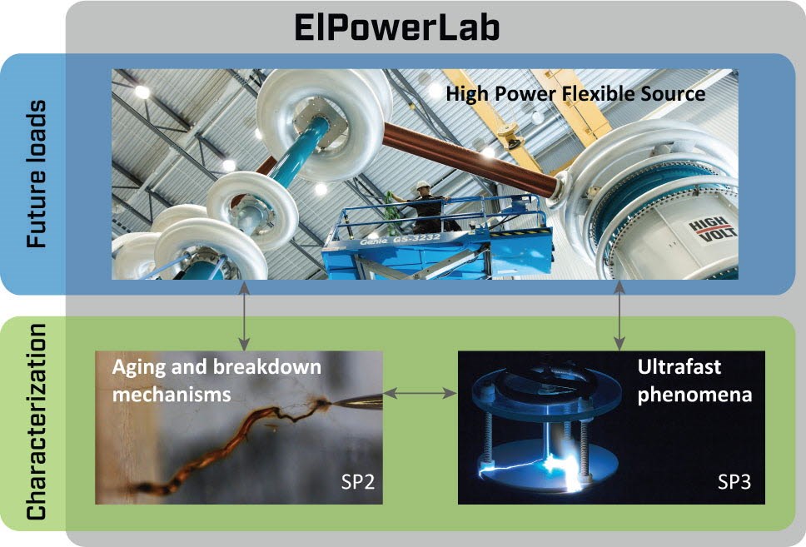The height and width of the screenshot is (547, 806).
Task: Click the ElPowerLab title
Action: (x=397, y=27)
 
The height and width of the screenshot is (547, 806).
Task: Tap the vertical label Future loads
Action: (x=37, y=174)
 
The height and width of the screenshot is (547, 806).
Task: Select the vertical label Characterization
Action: (x=37, y=421)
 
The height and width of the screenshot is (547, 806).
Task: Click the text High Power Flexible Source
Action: (x=575, y=94)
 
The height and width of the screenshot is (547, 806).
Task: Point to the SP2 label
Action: (x=358, y=482)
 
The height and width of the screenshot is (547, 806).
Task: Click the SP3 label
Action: (x=734, y=482)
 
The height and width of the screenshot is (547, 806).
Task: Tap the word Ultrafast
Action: (x=679, y=366)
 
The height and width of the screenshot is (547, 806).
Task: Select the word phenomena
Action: (x=694, y=395)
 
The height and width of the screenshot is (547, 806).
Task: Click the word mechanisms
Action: (x=172, y=395)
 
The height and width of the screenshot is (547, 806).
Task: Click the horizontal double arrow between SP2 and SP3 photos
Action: (x=420, y=393)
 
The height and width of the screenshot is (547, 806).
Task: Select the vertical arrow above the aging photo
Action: (x=245, y=316)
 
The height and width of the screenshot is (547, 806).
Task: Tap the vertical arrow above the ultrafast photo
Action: (x=620, y=316)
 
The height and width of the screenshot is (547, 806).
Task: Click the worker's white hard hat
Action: (x=422, y=185)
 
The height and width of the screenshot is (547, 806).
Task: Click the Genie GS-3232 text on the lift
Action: (x=400, y=240)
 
